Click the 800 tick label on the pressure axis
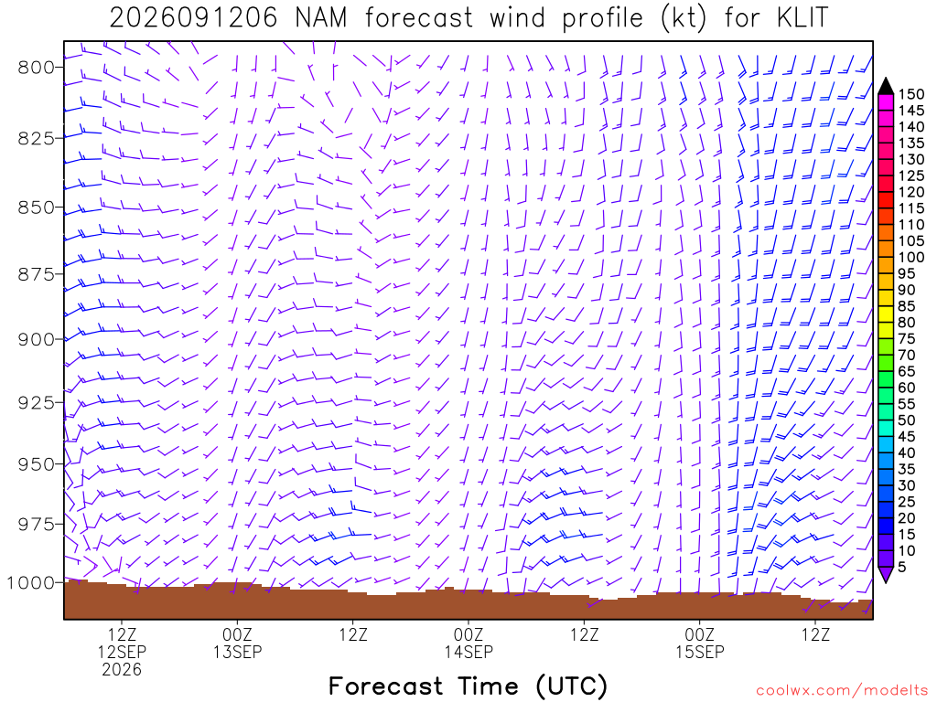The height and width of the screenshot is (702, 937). tap(37, 68)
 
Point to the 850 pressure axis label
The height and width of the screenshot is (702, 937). tap(37, 207)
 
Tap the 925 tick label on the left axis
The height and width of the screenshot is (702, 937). tap(37, 403)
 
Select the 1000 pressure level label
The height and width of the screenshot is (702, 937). tap(30, 582)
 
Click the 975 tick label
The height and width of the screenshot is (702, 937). tap(37, 524)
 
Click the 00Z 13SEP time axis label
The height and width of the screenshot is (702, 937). tap(237, 643)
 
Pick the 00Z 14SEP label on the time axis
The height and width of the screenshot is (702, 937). tap(468, 643)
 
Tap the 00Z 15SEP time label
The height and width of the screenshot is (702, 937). tap(700, 643)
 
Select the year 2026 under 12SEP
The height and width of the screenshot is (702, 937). tap(122, 670)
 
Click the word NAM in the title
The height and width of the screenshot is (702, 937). tap(321, 18)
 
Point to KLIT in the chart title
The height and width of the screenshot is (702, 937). tap(803, 18)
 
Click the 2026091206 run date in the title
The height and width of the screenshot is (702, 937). tap(194, 18)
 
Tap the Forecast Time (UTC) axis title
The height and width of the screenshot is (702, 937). tap(468, 686)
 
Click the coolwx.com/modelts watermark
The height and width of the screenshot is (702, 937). tap(843, 691)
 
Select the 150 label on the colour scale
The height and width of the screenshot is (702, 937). tap(911, 94)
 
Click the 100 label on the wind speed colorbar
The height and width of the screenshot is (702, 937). tap(911, 257)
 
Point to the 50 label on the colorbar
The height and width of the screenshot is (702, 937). tap(907, 420)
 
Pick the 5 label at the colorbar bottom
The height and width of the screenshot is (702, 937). tap(901, 567)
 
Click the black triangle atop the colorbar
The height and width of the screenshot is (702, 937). tap(886, 87)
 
